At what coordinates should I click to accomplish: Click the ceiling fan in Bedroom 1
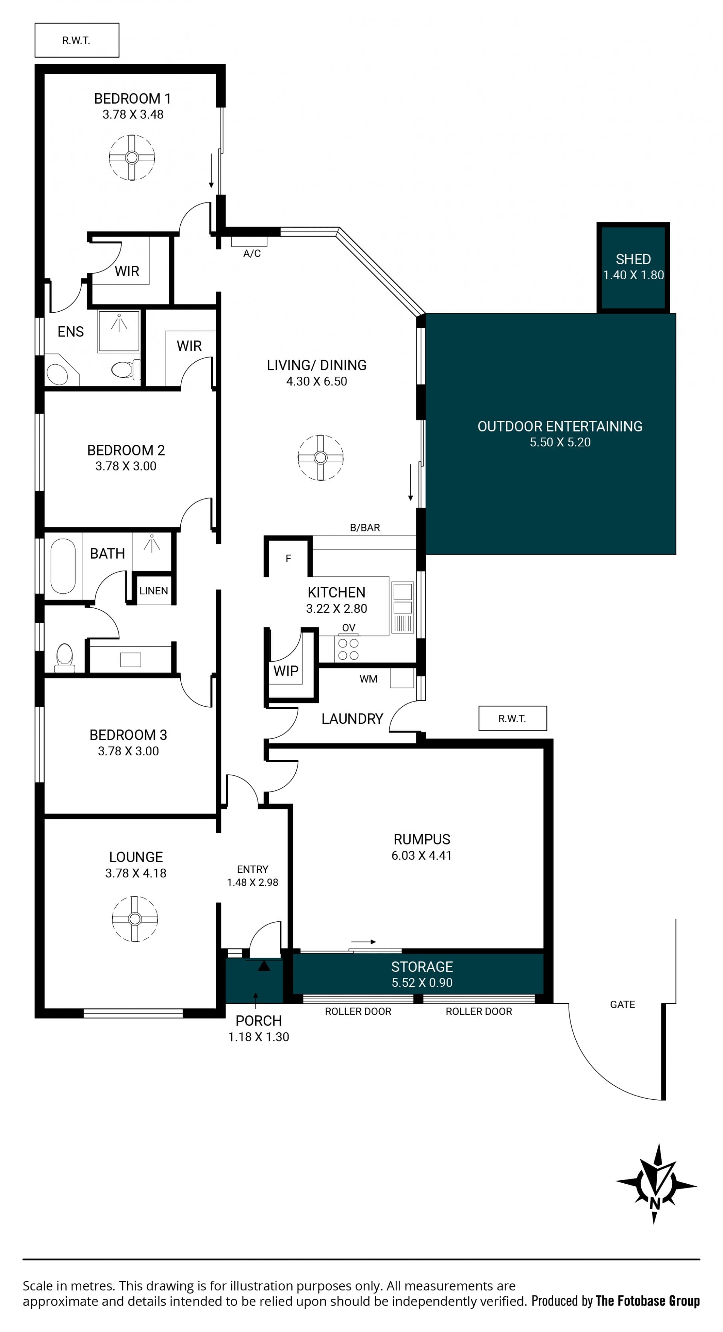point(132,157)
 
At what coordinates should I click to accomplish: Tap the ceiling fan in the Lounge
point(135,919)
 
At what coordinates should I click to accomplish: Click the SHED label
point(633,259)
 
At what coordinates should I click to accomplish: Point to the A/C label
point(252,253)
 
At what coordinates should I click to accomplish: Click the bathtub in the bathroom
point(63,566)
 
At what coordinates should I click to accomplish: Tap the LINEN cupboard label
point(154,591)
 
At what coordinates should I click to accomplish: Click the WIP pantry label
point(286,671)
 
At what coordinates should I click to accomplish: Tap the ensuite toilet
point(125,369)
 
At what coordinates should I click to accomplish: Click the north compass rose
point(656,1184)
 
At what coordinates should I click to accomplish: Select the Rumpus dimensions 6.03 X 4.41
point(421,855)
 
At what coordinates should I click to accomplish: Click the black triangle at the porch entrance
point(264,965)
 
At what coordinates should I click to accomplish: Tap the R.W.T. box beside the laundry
point(513,718)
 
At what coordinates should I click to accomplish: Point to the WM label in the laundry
point(368,679)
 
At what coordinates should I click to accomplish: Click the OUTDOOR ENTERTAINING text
point(560,426)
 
